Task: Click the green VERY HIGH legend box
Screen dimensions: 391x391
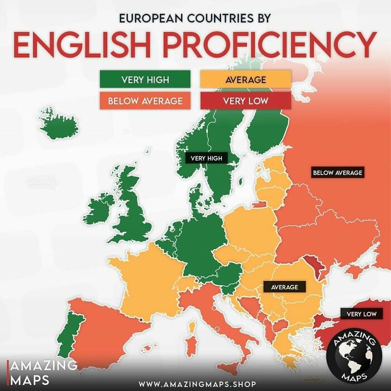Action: (x=145, y=79)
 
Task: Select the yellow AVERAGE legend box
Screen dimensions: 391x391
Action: (x=245, y=79)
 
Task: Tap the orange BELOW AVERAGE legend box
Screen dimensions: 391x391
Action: (x=145, y=101)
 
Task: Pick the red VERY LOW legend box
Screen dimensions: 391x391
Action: (x=245, y=101)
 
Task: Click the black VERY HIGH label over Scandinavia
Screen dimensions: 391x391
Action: (x=206, y=158)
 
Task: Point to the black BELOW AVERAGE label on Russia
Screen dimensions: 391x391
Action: (x=337, y=173)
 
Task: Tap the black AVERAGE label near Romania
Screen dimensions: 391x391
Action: (x=284, y=287)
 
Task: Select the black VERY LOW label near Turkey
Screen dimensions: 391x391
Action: (x=361, y=314)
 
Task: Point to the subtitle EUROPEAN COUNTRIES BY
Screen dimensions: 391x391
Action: (x=195, y=18)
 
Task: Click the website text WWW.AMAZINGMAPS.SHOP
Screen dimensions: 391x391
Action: (x=198, y=384)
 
